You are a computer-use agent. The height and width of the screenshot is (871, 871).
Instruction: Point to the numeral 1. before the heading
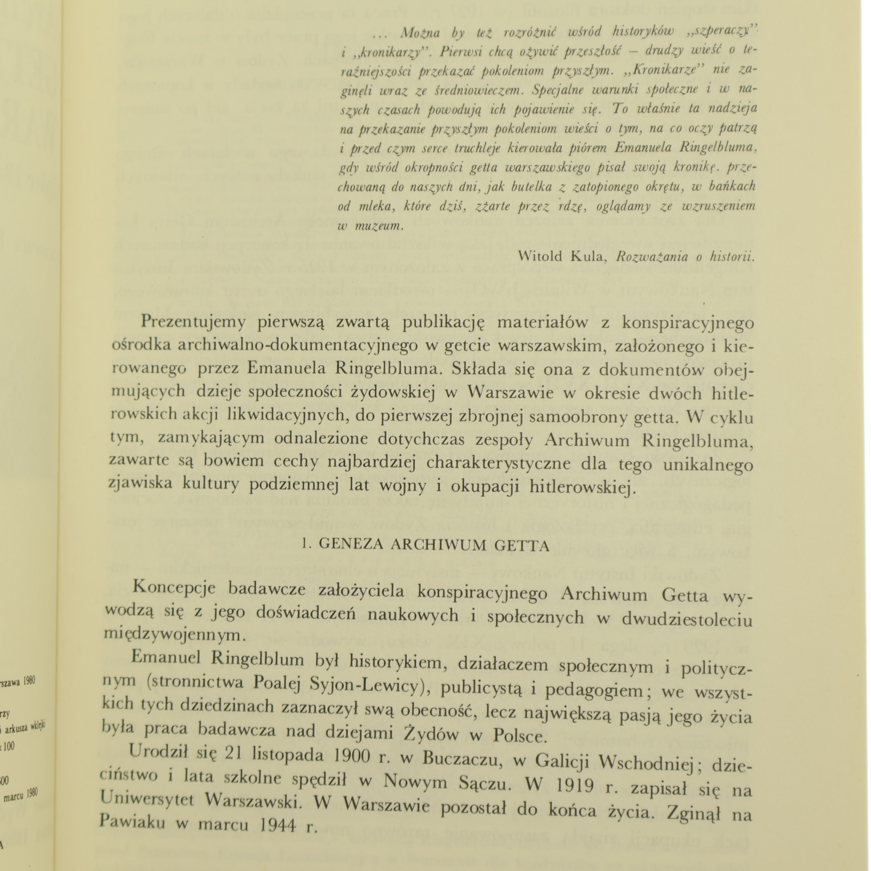point(306,545)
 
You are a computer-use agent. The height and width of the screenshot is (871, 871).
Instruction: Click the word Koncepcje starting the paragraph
point(174,589)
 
